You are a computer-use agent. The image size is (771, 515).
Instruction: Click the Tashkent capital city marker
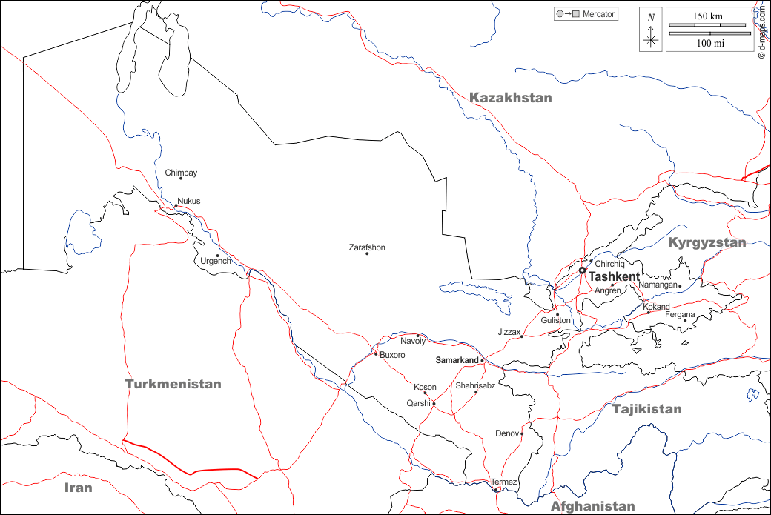click(582, 270)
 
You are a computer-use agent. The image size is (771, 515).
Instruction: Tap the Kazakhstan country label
click(511, 98)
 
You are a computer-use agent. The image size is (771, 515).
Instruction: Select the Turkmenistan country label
click(173, 384)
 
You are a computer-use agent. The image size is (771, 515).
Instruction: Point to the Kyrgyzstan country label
click(707, 242)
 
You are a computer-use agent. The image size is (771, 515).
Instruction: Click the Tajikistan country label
click(646, 409)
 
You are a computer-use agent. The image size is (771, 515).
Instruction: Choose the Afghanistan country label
click(592, 506)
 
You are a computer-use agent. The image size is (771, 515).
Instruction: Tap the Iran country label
click(78, 488)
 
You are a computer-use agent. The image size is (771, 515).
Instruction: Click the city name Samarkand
click(457, 360)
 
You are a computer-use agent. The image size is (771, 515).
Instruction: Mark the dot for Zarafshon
click(367, 254)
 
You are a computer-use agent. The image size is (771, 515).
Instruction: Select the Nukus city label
click(188, 201)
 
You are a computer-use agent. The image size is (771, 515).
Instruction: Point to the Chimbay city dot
click(181, 179)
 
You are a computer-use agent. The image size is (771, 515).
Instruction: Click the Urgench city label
click(216, 262)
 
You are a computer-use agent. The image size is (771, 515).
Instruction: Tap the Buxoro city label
click(392, 355)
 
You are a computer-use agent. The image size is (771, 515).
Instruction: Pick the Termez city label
click(504, 482)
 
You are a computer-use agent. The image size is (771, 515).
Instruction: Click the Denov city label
click(506, 433)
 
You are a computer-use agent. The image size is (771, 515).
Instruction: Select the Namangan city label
click(658, 285)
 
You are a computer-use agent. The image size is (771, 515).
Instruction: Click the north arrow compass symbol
click(651, 30)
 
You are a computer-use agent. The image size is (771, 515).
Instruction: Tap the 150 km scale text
click(708, 16)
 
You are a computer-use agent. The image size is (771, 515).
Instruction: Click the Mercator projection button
click(586, 14)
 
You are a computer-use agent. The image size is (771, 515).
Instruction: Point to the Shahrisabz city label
click(475, 385)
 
